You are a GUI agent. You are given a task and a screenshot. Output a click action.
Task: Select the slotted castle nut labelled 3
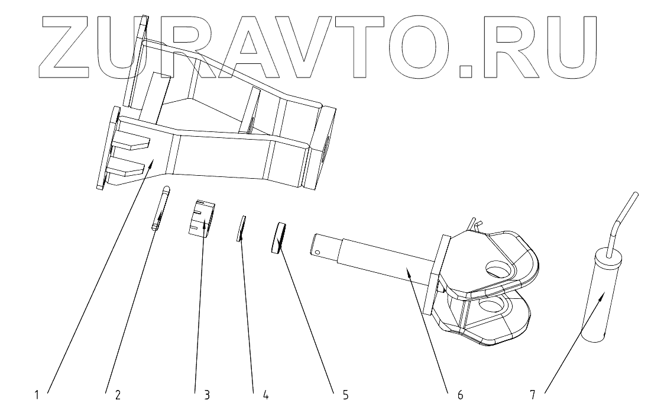pos(201,219)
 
